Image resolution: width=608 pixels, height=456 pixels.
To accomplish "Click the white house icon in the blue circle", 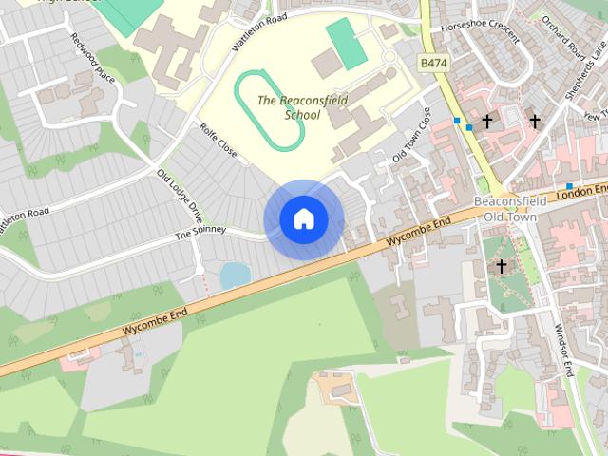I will click(x=304, y=219).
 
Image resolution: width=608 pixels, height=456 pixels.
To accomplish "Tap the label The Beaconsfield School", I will click(x=289, y=107).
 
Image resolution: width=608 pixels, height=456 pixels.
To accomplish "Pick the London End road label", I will click(x=583, y=192).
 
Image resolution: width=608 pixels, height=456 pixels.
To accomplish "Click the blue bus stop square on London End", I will click(x=568, y=185).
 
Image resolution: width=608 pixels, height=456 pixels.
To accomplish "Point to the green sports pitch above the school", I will click(x=346, y=43).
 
